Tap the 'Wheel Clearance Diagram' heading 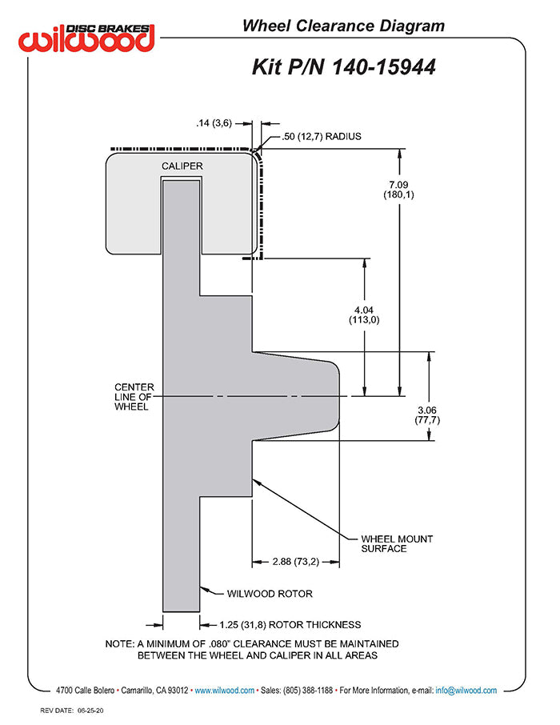pyautogui.click(x=343, y=26)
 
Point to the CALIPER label pyautogui.click(x=182, y=166)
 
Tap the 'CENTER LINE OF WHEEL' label pyautogui.click(x=134, y=397)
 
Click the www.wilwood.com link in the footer pyautogui.click(x=225, y=690)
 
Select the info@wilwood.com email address pyautogui.click(x=466, y=690)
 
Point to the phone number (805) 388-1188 pyautogui.click(x=306, y=690)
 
